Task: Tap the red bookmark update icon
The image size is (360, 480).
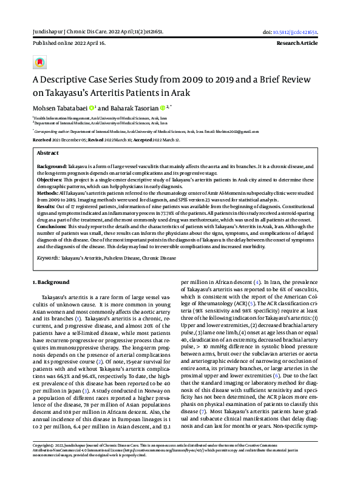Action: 41,63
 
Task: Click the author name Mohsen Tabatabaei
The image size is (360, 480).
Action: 59,108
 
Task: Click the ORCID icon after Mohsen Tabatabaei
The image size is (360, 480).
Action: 92,108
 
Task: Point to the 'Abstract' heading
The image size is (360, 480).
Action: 48,154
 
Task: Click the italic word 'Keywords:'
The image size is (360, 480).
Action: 48,258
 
